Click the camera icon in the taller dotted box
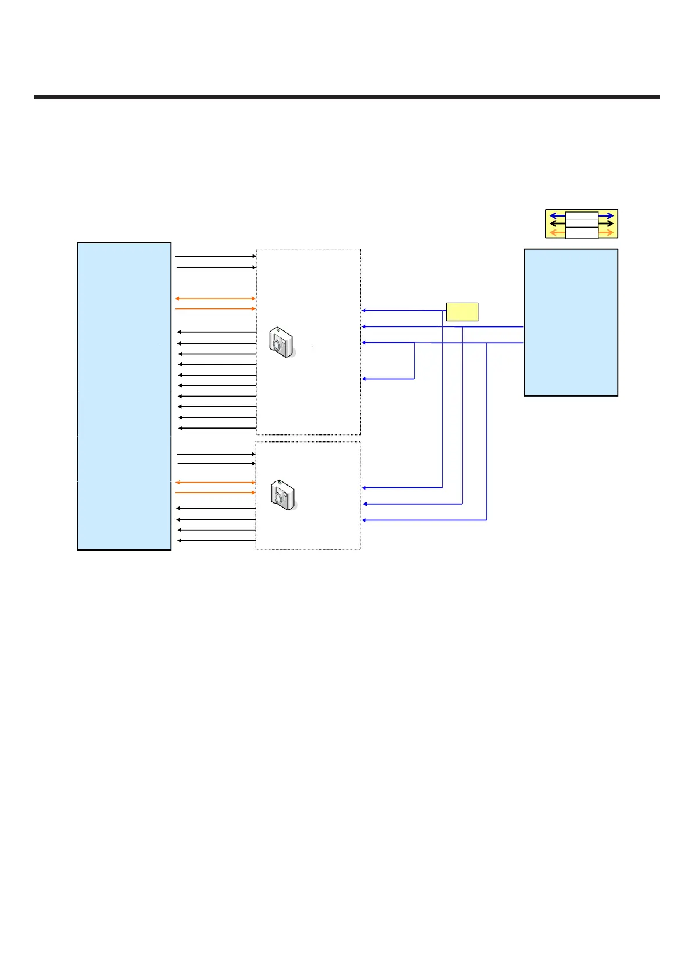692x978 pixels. tap(282, 342)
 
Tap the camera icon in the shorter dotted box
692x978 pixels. tap(284, 495)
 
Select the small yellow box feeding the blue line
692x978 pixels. tap(462, 311)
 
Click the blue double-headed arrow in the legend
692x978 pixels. tap(582, 215)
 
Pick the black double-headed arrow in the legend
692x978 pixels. tap(582, 224)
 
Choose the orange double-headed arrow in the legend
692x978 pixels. tap(582, 232)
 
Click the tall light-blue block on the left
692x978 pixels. tap(124, 395)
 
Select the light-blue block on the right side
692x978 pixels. tap(571, 322)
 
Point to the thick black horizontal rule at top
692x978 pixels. tap(347, 97)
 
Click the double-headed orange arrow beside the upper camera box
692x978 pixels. tap(215, 299)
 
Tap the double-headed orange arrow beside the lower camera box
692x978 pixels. tap(215, 482)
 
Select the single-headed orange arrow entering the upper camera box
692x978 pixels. tap(215, 308)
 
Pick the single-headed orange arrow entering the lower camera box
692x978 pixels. tap(215, 492)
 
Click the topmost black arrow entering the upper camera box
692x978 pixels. tap(215, 256)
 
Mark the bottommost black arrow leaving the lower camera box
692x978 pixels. tap(216, 541)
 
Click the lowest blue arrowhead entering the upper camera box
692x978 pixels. tap(364, 379)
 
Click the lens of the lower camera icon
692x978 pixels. tap(279, 498)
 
